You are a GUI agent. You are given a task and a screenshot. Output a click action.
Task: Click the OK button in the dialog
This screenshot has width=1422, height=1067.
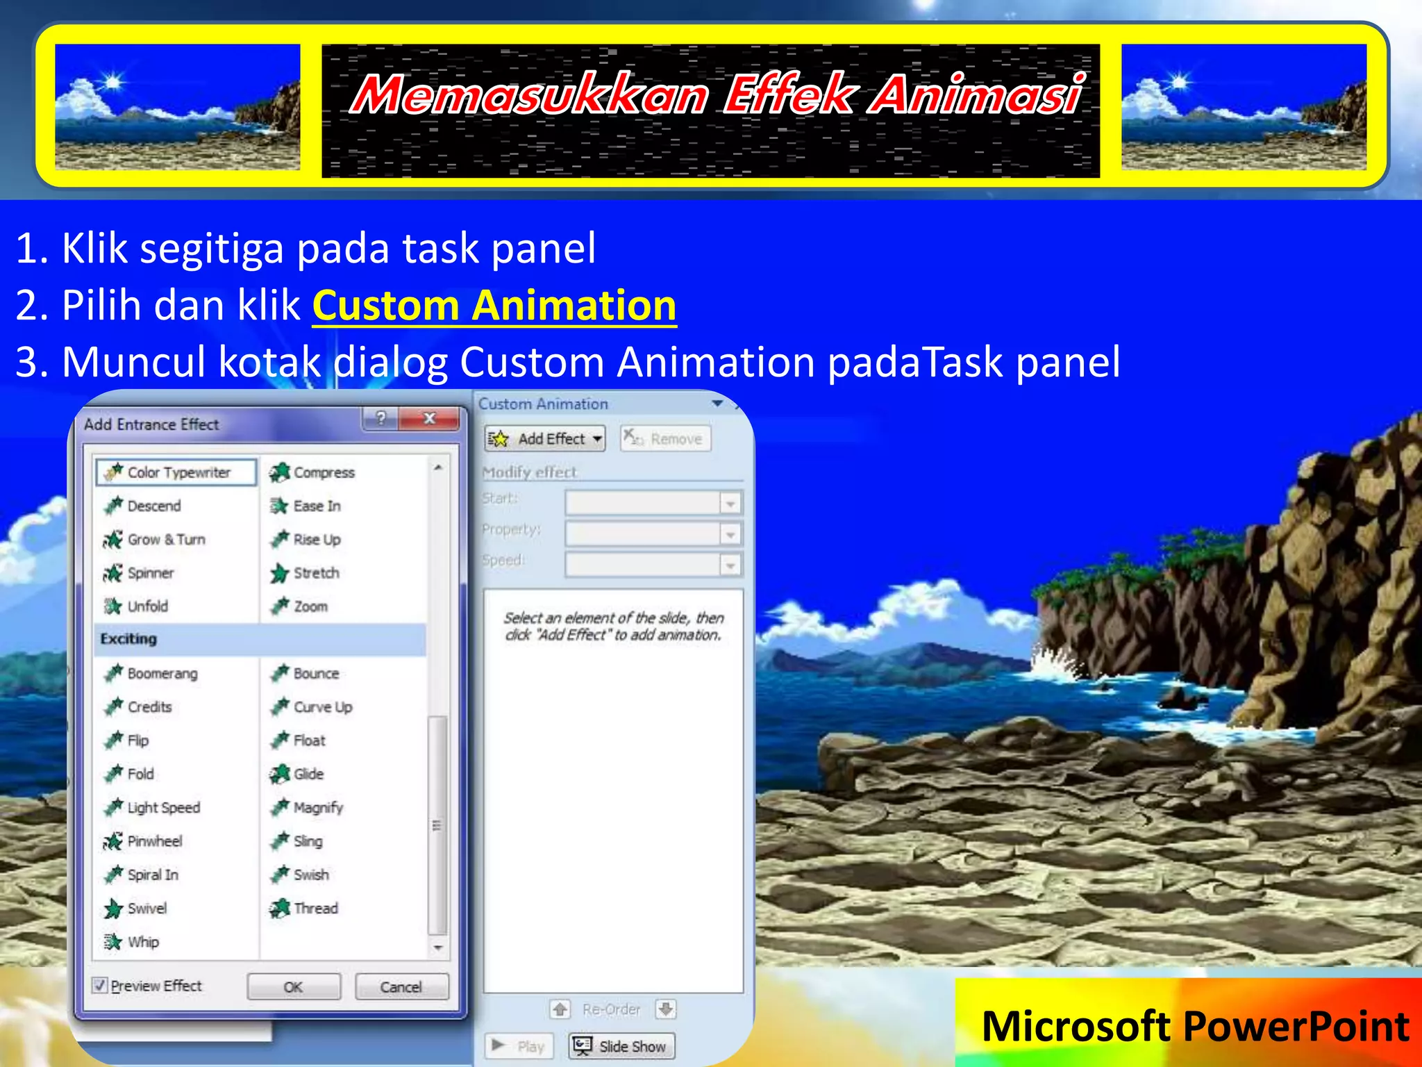[294, 986]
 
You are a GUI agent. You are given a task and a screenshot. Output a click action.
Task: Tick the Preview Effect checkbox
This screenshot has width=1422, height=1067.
[101, 985]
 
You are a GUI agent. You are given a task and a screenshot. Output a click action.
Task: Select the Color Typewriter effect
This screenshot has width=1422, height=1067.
[176, 472]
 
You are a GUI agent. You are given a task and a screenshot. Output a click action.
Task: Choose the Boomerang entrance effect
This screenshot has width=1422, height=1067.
[161, 673]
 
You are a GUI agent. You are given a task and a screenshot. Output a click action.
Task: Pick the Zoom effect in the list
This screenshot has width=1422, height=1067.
[310, 606]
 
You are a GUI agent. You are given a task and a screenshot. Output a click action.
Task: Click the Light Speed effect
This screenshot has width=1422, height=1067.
[162, 807]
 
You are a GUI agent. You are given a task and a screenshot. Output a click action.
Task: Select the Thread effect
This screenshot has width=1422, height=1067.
[315, 908]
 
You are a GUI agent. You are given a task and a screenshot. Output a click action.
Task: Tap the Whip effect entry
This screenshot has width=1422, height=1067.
[142, 942]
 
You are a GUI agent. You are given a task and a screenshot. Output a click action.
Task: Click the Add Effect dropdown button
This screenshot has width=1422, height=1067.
[545, 439]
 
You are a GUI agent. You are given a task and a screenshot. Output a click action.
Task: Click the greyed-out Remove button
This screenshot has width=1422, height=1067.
[665, 439]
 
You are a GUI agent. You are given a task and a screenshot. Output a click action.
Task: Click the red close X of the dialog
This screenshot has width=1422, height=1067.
[430, 418]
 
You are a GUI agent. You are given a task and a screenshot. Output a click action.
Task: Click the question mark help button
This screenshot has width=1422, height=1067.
[380, 418]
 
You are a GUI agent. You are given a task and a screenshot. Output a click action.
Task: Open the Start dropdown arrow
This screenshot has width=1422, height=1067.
[730, 503]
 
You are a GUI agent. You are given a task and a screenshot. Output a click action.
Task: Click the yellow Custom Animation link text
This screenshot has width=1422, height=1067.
[494, 306]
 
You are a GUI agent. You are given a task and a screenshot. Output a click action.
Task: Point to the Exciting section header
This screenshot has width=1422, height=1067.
[129, 639]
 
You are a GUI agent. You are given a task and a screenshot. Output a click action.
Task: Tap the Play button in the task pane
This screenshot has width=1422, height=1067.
[519, 1046]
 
